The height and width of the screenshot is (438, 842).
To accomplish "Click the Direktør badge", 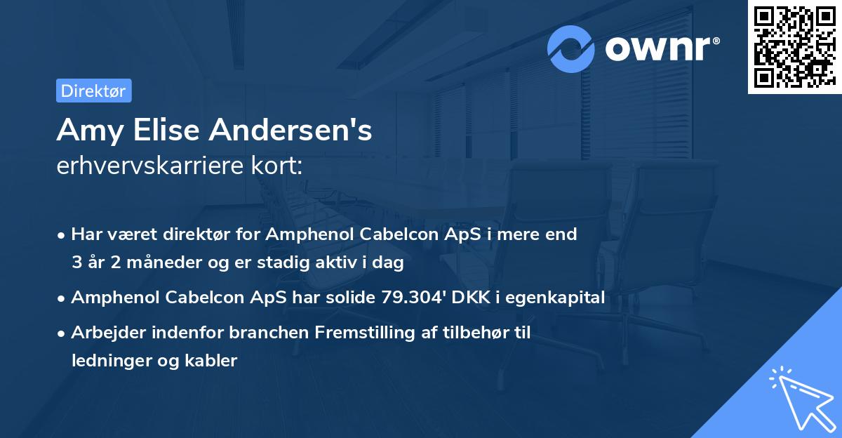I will pyautogui.click(x=93, y=91).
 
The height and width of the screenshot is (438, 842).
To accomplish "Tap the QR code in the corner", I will pyautogui.click(x=794, y=46).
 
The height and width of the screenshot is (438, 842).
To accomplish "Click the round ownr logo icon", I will pyautogui.click(x=571, y=48).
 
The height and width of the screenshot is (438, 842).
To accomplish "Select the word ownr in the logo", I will pyautogui.click(x=661, y=48).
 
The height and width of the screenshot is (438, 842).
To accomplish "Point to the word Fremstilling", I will pyautogui.click(x=370, y=333).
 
